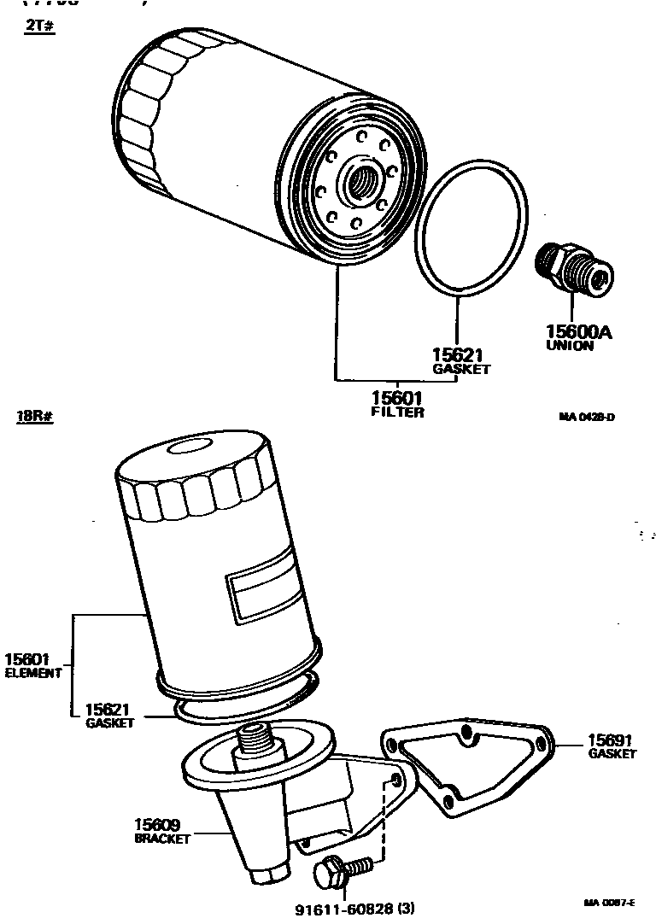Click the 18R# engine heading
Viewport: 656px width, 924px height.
pyautogui.click(x=34, y=418)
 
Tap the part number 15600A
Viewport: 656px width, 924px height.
pyautogui.click(x=579, y=332)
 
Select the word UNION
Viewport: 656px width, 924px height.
pyautogui.click(x=570, y=346)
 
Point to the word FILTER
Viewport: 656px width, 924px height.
pyautogui.click(x=397, y=412)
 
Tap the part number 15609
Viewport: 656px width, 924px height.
pyautogui.click(x=157, y=824)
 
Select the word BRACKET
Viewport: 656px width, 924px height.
pyautogui.click(x=162, y=839)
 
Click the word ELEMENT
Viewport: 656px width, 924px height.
pyautogui.click(x=33, y=673)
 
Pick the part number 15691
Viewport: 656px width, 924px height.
pyautogui.click(x=610, y=740)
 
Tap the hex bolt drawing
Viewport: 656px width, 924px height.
pyautogui.click(x=342, y=871)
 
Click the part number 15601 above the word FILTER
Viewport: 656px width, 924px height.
pyautogui.click(x=397, y=398)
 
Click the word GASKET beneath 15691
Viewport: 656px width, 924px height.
pyautogui.click(x=612, y=754)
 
